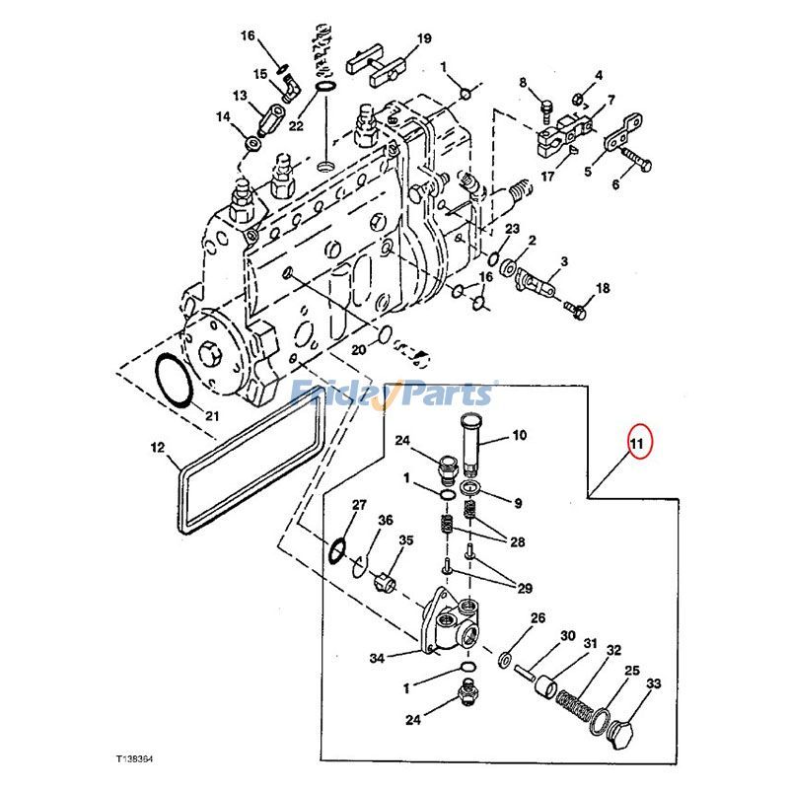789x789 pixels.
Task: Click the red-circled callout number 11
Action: [x=636, y=444]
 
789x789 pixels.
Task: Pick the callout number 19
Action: [x=423, y=39]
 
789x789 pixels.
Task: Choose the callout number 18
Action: [x=603, y=288]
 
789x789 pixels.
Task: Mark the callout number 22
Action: [x=296, y=125]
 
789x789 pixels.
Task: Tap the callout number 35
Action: [x=406, y=539]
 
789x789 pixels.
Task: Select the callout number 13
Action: [x=240, y=96]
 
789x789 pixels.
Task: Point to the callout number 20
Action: [x=358, y=348]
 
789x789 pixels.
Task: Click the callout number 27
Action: [x=359, y=506]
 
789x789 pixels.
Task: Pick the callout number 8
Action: [x=524, y=82]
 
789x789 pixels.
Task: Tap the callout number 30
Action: [x=567, y=637]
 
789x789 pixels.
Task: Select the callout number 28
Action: [x=518, y=541]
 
